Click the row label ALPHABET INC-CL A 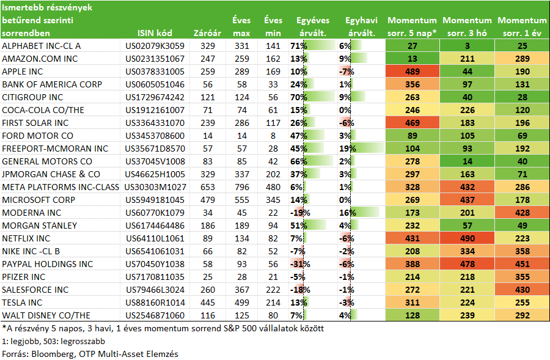(42, 46)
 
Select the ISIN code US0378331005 (155, 72)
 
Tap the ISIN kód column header (155, 33)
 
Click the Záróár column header (207, 33)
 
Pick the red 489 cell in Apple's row (412, 72)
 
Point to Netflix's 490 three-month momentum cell (468, 238)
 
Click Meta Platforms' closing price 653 (208, 187)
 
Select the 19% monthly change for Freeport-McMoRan (348, 149)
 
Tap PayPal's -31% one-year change (300, 264)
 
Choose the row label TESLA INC (22, 303)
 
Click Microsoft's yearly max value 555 (241, 200)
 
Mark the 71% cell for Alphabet (298, 46)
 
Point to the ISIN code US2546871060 (155, 315)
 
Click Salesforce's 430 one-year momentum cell (522, 290)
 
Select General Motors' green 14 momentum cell (468, 161)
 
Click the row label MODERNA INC (32, 213)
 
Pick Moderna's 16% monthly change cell (348, 213)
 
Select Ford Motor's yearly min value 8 (273, 136)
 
